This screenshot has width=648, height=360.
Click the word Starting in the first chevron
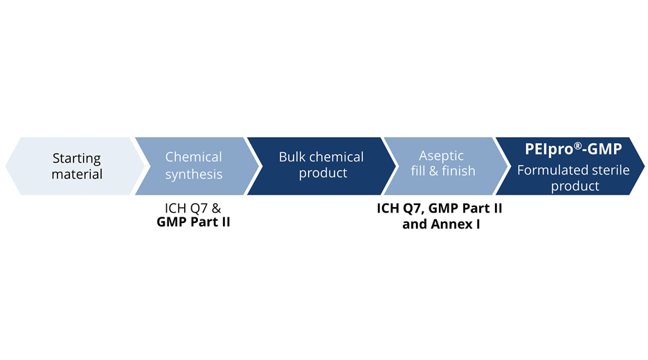[77, 159]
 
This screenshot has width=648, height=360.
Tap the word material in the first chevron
[77, 174]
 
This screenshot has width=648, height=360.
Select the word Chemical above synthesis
[194, 157]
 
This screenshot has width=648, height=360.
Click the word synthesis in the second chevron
[194, 174]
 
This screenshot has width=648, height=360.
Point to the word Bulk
[292, 157]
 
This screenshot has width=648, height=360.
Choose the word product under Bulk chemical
[323, 173]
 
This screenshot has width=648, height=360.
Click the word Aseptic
[442, 156]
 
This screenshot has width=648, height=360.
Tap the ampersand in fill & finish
[434, 170]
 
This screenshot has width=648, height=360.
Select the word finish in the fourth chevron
[458, 170]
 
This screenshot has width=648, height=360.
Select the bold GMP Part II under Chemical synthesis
[193, 223]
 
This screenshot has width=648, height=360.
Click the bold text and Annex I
[441, 224]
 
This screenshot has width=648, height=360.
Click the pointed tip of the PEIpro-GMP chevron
[643, 166]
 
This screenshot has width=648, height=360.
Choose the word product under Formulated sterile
[574, 186]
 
